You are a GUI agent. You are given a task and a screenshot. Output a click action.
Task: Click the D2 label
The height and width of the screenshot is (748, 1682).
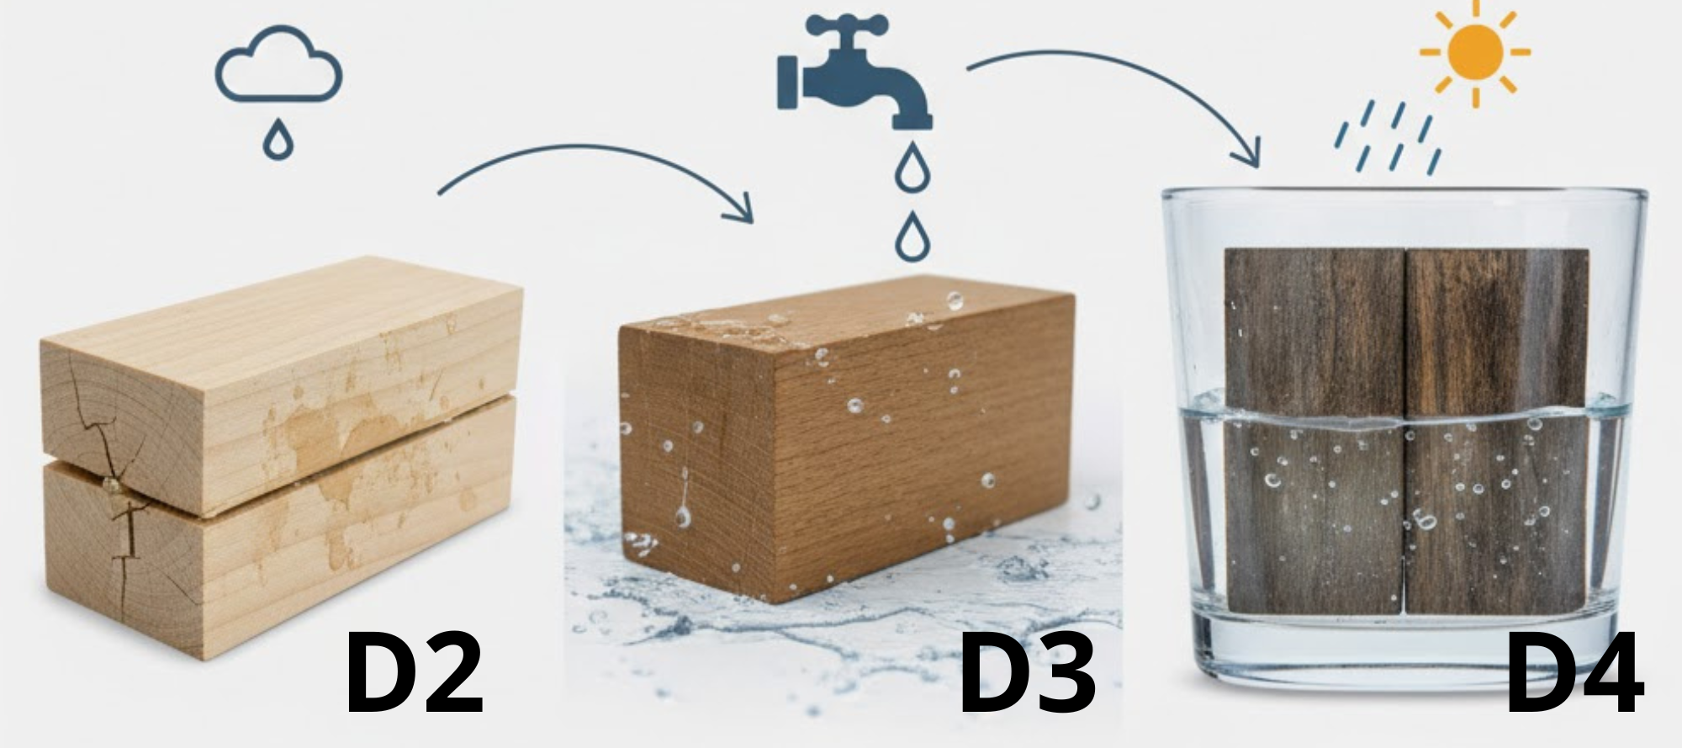pos(415,676)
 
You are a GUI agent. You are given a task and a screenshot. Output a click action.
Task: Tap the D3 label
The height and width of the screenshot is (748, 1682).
pos(1028,676)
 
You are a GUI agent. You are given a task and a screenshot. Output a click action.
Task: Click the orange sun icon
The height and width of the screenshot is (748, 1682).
pos(1475,52)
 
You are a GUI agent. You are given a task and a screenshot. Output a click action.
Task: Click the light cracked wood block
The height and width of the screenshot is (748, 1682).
pos(278,446)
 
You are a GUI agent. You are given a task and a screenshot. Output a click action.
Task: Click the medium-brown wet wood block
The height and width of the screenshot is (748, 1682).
pos(841,438)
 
